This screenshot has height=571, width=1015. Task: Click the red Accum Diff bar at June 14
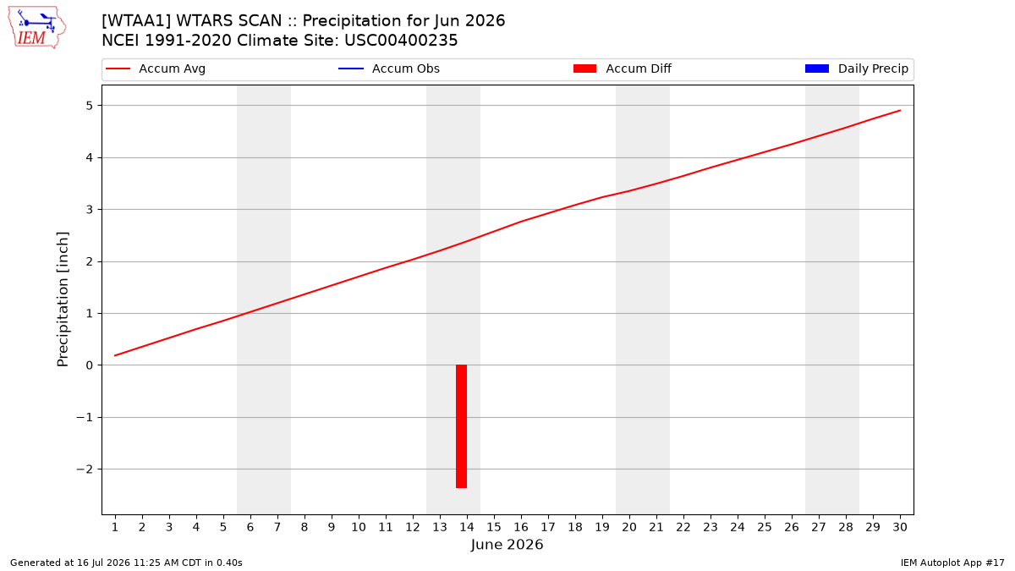tap(461, 426)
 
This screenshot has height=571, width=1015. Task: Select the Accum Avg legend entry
tap(156, 69)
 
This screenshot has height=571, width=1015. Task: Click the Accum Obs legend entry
tap(389, 69)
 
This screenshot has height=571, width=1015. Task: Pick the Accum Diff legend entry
tap(623, 69)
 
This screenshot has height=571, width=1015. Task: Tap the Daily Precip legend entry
tap(856, 69)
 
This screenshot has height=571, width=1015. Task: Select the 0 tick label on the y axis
tap(89, 365)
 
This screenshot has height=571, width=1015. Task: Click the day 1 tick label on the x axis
tap(115, 527)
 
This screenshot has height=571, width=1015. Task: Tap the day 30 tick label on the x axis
tap(900, 527)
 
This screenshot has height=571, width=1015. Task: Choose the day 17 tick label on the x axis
tap(548, 527)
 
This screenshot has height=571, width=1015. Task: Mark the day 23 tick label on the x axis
tap(710, 527)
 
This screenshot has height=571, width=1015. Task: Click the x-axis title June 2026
tap(507, 544)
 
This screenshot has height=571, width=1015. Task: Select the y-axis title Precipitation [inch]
tap(63, 299)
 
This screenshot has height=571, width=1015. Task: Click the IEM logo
tap(37, 28)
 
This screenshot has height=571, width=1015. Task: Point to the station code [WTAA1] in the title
tap(136, 21)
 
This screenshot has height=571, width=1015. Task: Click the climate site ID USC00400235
tap(401, 41)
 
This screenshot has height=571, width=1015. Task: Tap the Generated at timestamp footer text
tap(126, 563)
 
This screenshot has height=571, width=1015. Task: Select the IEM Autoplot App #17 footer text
tap(952, 563)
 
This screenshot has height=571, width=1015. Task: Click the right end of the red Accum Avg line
tap(900, 110)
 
